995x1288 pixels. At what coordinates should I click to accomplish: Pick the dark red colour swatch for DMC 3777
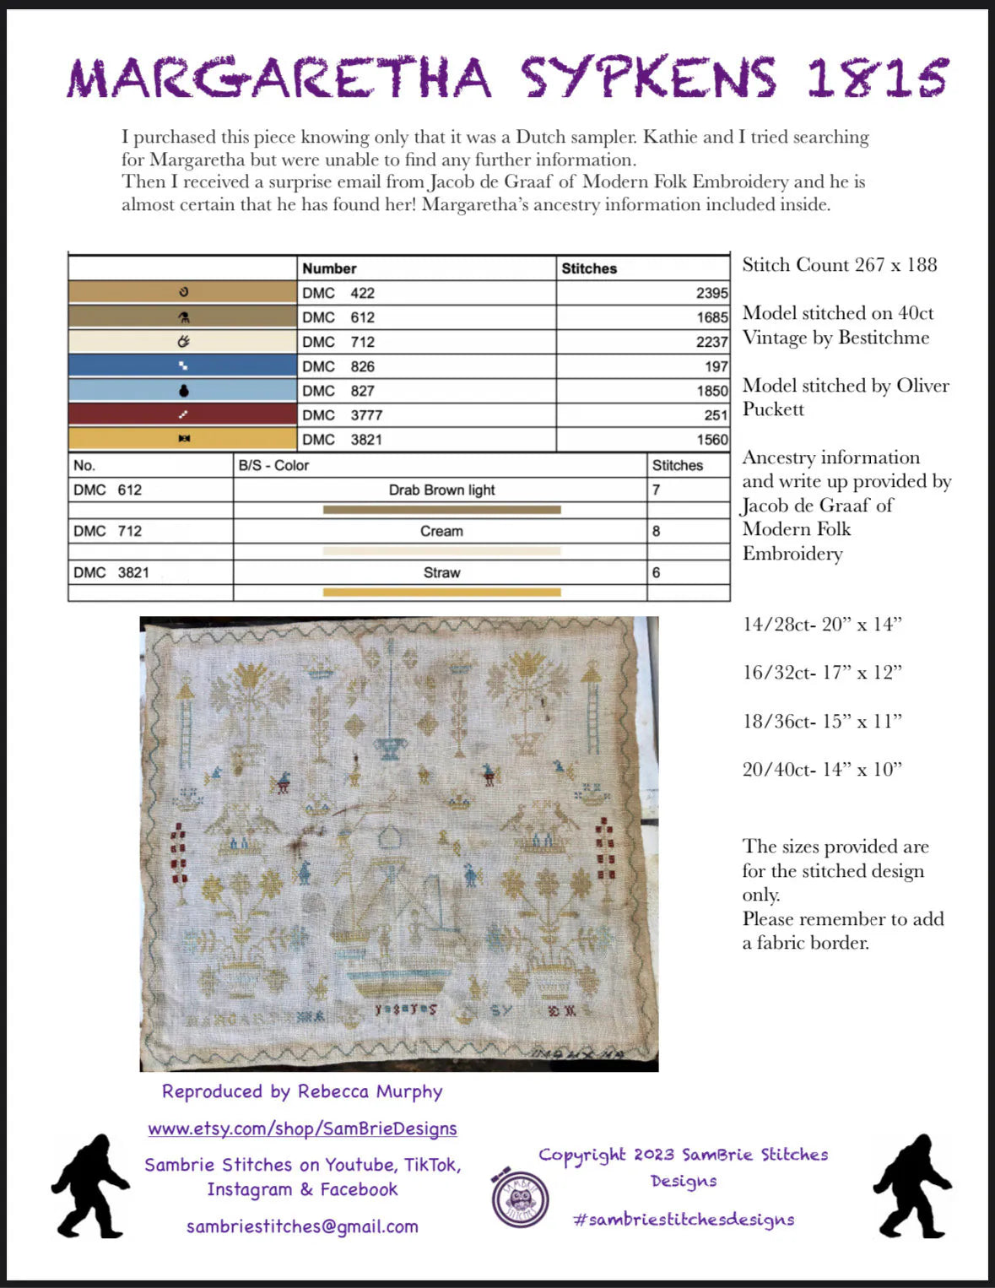point(183,414)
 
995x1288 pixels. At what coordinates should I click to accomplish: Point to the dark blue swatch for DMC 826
point(183,365)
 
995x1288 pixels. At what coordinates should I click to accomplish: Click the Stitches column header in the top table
point(589,268)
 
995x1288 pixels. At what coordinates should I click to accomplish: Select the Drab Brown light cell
point(441,490)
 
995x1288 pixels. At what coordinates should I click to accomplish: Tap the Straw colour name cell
point(441,572)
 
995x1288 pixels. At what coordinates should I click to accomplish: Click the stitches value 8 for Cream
point(657,531)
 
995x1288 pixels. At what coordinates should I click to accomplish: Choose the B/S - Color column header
point(273,465)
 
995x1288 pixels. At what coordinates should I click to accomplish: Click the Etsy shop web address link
point(302,1128)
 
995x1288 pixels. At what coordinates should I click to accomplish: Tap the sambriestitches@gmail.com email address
point(302,1226)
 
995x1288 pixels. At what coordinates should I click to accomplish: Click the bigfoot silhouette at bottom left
point(89,1186)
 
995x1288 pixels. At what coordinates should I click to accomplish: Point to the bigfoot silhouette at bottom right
point(911,1186)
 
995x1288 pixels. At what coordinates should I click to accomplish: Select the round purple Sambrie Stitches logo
point(520,1198)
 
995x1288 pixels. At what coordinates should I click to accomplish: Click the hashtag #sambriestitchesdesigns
point(684,1219)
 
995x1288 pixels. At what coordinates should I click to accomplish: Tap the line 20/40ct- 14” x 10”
point(822,769)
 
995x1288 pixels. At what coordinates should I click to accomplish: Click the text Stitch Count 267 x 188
point(840,265)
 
